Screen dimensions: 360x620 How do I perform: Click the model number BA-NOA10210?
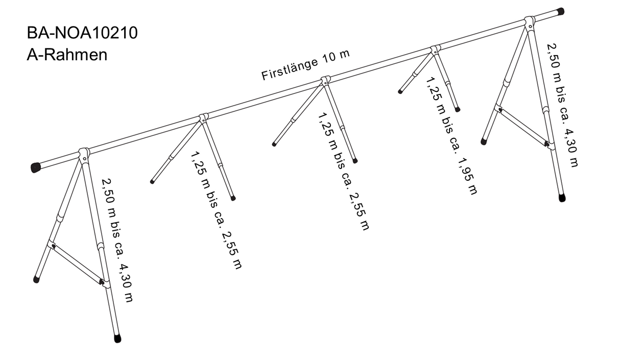[x=82, y=34]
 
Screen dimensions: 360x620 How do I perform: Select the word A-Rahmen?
[x=67, y=55]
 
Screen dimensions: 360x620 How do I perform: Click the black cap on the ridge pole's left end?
[x=35, y=167]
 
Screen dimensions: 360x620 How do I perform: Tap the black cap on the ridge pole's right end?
[x=560, y=11]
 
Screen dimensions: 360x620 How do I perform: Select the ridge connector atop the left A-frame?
[x=84, y=153]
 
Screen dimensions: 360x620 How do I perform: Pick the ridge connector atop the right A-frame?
[x=530, y=22]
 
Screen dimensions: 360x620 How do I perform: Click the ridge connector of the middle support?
[x=325, y=81]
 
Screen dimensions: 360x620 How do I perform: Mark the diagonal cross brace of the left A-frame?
[x=78, y=263]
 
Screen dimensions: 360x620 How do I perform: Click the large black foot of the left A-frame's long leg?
[x=117, y=338]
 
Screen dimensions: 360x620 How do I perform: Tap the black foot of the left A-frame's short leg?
[x=36, y=279]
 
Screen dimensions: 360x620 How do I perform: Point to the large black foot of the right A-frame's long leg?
[x=562, y=198]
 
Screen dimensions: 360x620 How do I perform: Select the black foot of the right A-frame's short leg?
[x=483, y=141]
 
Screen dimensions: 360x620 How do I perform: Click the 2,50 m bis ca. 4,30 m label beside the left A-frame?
[x=117, y=240]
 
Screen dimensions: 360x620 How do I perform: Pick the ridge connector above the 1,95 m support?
[x=435, y=50]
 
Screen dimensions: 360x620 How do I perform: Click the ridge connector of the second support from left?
[x=204, y=117]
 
